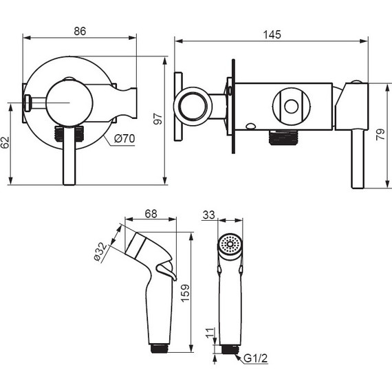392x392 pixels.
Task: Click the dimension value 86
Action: coord(80,31)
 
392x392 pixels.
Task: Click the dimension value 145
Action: coord(272,34)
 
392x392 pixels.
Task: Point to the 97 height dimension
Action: coord(158,118)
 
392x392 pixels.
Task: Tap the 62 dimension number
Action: coord(6,142)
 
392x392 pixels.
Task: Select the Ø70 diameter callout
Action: coord(124,138)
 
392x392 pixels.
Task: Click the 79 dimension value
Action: coord(380,135)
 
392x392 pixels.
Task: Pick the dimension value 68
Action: coord(151,214)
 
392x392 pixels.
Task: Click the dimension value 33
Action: coord(209,215)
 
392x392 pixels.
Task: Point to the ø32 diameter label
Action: coord(100,252)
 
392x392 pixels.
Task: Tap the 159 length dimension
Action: coord(185,293)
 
